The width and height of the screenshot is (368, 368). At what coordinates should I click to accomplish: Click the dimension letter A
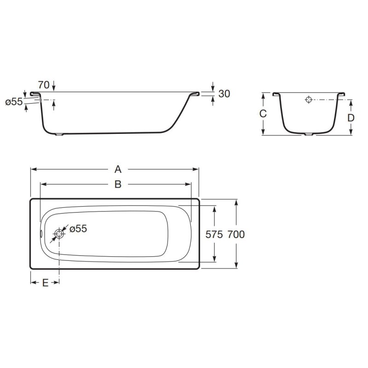point(118,169)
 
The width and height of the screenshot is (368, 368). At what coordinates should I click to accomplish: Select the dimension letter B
point(118,184)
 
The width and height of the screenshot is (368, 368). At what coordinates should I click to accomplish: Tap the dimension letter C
point(263,114)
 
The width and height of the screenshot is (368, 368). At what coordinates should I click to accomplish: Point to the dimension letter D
point(351,118)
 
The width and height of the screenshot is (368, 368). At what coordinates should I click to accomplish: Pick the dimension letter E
point(45,283)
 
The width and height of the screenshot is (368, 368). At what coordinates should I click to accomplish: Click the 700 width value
point(236,235)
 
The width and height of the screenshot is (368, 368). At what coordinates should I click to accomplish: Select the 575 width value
point(214,235)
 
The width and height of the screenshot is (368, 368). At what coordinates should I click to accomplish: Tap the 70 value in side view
point(44,85)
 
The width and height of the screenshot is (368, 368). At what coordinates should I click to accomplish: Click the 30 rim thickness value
point(224,94)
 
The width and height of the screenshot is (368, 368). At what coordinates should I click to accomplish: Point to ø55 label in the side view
point(14,102)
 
